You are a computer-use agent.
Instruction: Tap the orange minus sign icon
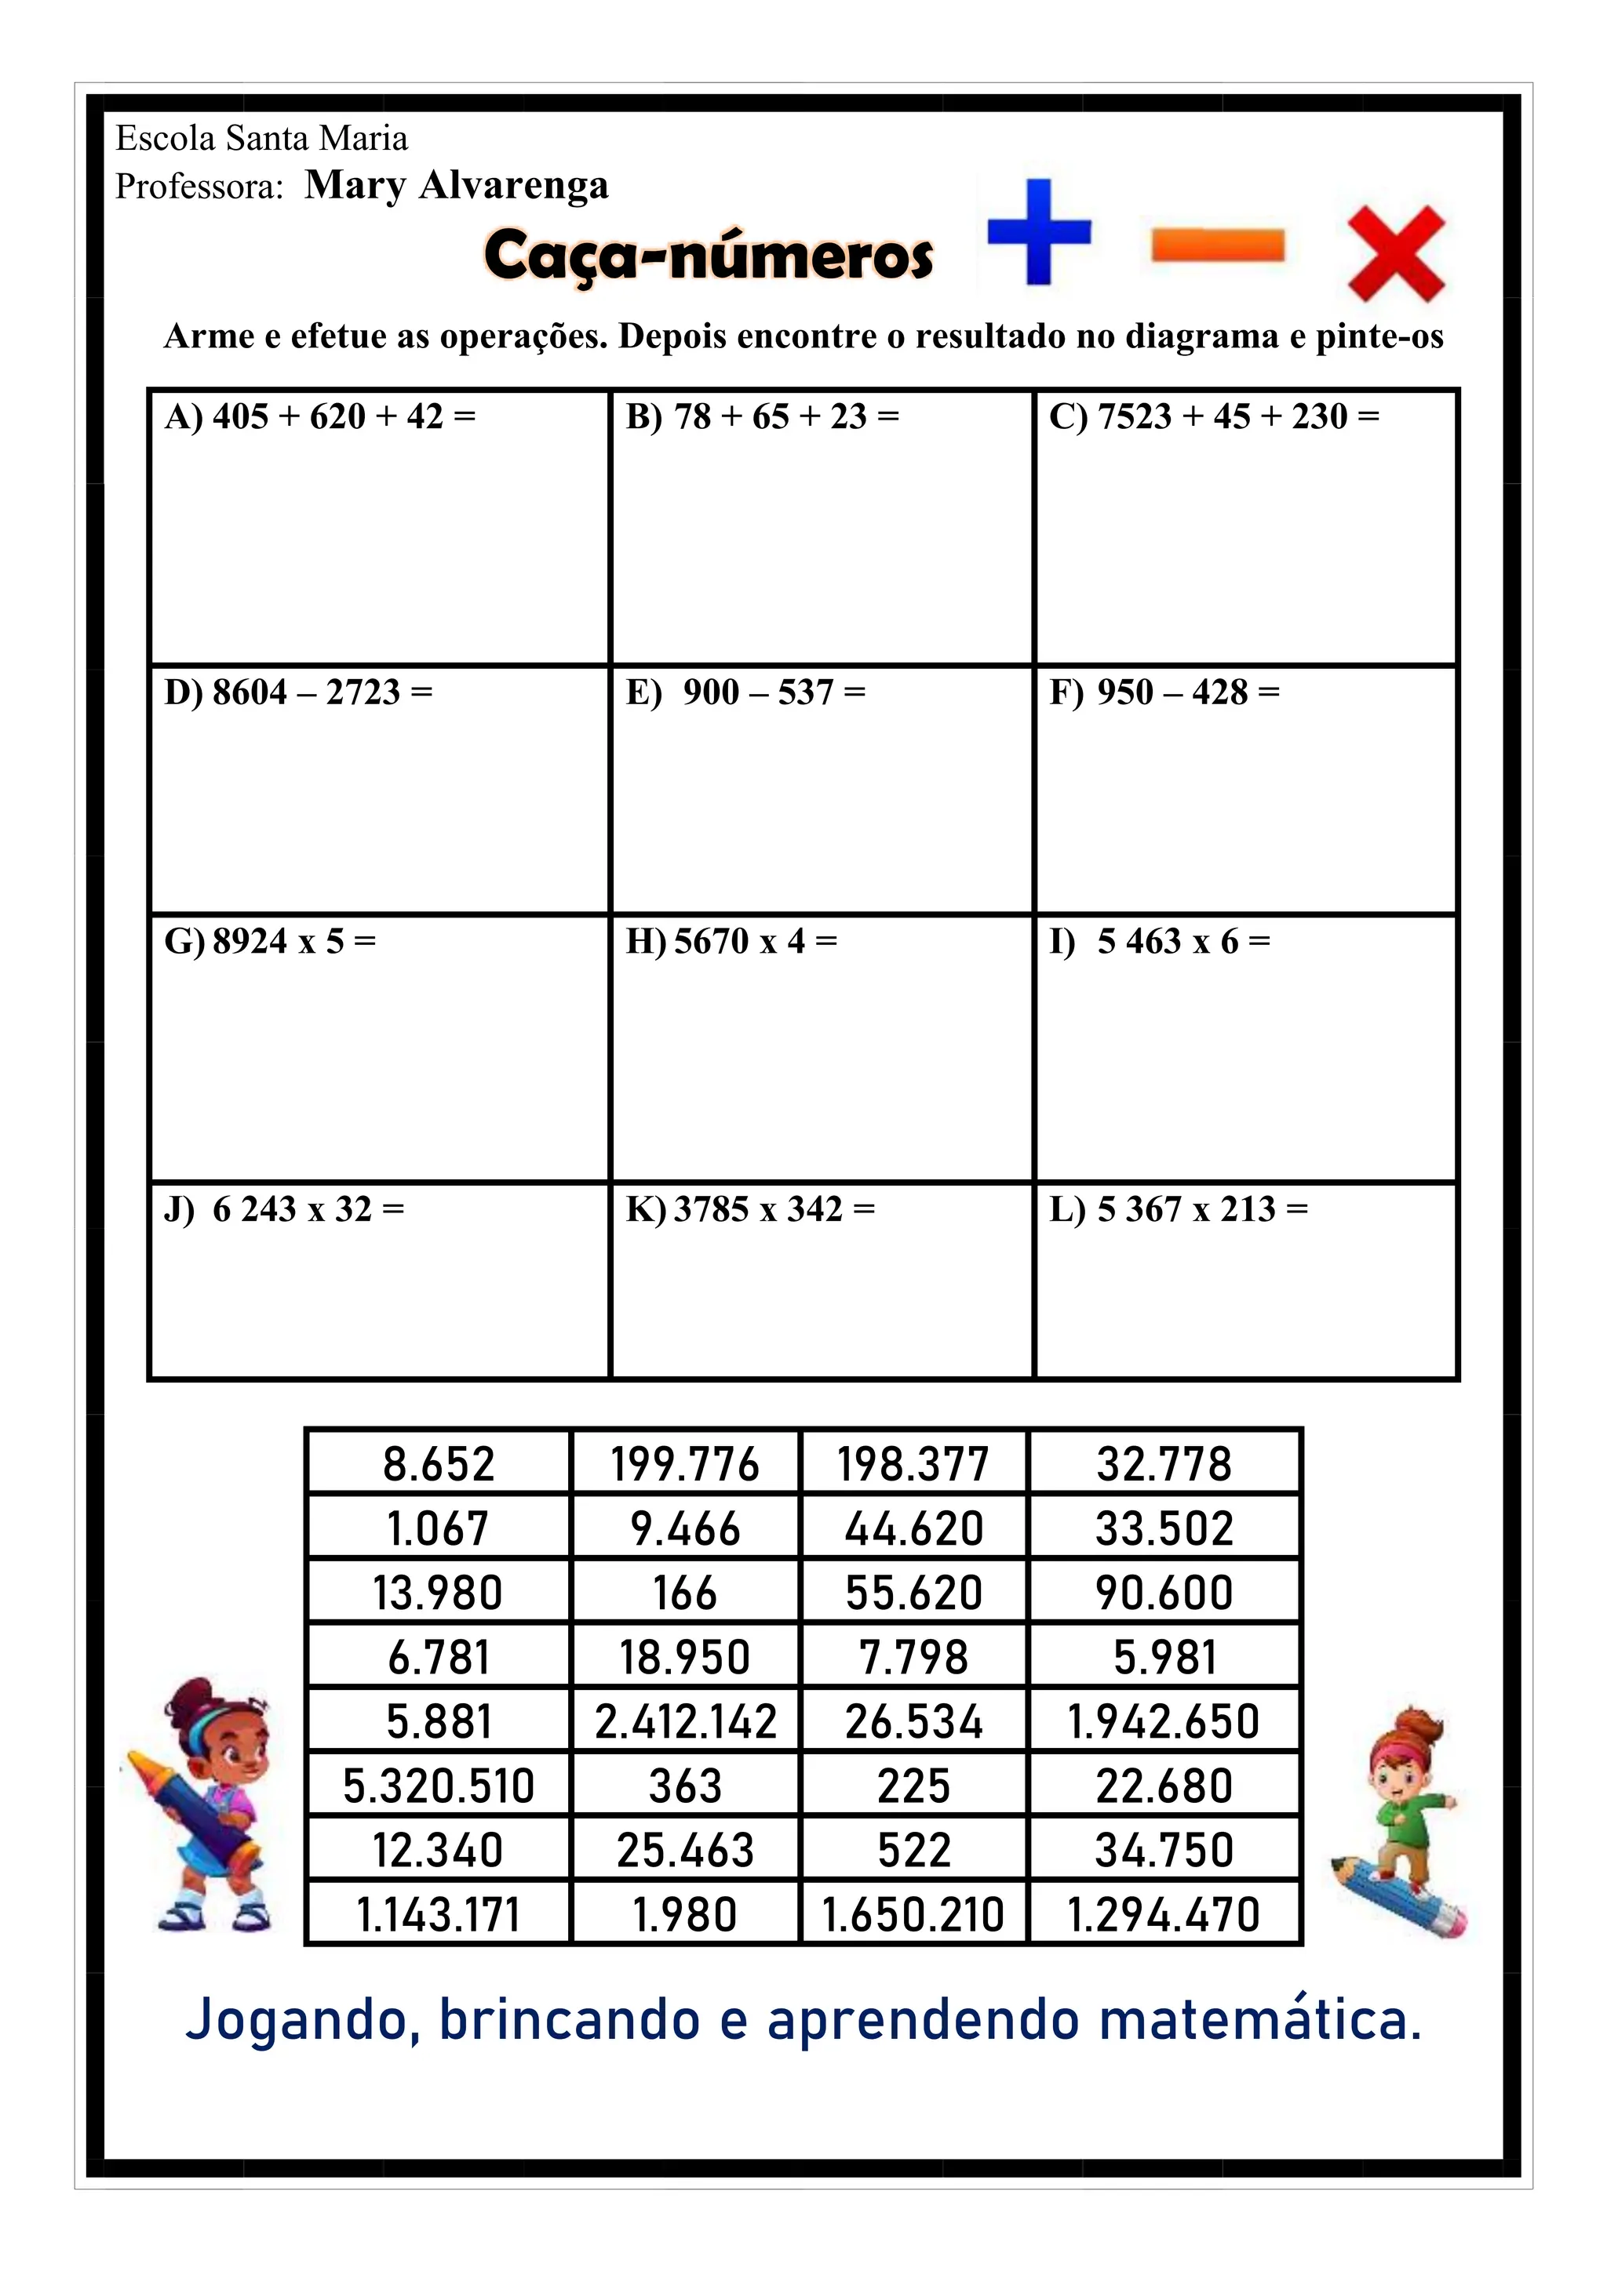pos(1217,245)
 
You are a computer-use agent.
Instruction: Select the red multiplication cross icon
pos(1396,253)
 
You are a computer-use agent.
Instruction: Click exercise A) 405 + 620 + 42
pos(319,417)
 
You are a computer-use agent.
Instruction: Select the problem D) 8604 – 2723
pos(298,692)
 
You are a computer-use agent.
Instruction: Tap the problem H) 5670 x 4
pos(731,941)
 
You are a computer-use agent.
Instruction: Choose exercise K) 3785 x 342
pos(750,1208)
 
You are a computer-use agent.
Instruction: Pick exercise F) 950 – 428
pos(1164,692)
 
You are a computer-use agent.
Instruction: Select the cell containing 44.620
pos(913,1529)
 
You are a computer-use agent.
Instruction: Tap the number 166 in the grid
pos(685,1593)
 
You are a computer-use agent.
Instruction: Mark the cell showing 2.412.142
pos(685,1722)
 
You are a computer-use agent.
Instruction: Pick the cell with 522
pos(913,1851)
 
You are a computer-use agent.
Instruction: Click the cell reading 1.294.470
pos(1163,1915)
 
